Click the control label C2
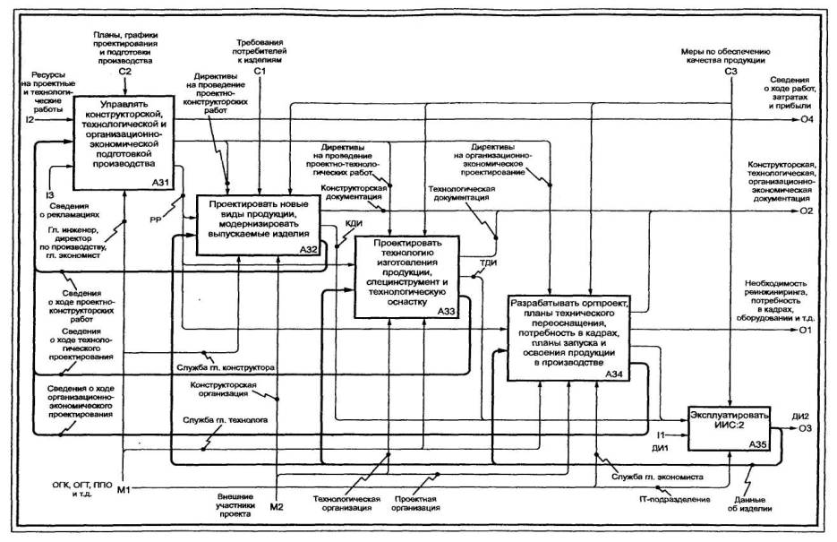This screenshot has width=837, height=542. click(x=125, y=71)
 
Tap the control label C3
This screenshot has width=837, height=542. click(x=730, y=71)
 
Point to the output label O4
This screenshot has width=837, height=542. click(x=806, y=119)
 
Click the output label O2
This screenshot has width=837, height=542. click(x=806, y=211)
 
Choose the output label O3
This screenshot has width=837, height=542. click(x=806, y=431)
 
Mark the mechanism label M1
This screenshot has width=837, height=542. click(x=124, y=488)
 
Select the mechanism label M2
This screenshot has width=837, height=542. click(x=278, y=507)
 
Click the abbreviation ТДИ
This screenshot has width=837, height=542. click(x=489, y=262)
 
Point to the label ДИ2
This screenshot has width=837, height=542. click(x=801, y=417)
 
